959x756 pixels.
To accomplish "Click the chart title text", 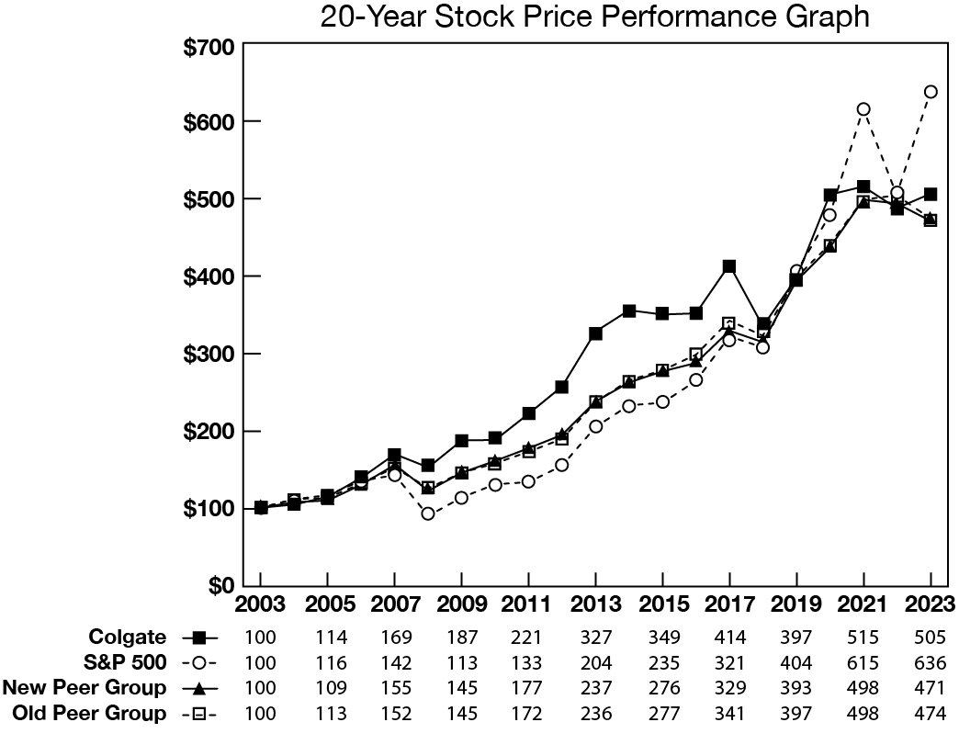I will (x=594, y=17).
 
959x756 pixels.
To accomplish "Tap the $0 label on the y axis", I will (x=220, y=585).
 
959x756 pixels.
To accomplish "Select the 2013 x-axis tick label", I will (x=595, y=606).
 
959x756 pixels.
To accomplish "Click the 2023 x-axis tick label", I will (x=931, y=606).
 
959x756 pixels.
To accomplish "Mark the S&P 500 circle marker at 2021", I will (x=863, y=109).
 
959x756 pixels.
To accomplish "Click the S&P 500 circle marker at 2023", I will (x=931, y=92).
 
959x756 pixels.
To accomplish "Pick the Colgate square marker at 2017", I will (x=729, y=266).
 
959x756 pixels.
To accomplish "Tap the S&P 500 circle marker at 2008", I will (x=428, y=513).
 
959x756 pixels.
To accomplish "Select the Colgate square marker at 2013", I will (x=595, y=333).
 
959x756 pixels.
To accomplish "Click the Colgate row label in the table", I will (x=128, y=637).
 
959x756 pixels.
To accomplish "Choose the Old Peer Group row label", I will (x=89, y=713).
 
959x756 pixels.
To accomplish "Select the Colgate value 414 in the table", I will (x=729, y=637).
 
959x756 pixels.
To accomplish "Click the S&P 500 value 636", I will (x=931, y=662).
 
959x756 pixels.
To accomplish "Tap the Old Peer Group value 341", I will (x=729, y=713).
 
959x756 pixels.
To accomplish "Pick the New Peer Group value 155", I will (x=394, y=687).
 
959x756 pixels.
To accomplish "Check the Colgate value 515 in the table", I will (x=863, y=637).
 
